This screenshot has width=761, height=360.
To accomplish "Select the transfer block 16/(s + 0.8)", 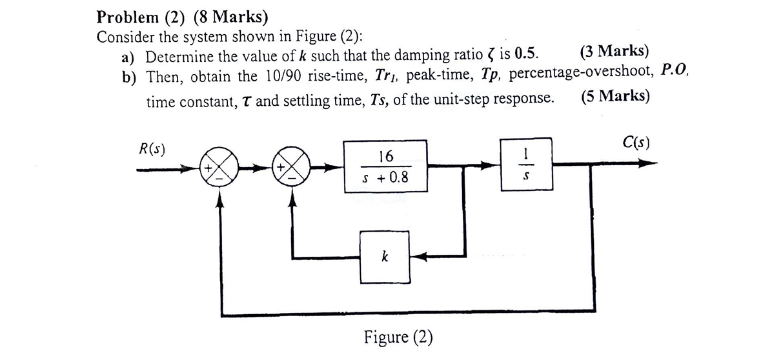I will click(385, 166).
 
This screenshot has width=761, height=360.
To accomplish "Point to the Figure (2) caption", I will click(398, 337).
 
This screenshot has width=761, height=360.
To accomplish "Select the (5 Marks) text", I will click(615, 98).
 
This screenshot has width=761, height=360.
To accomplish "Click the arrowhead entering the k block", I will click(418, 257).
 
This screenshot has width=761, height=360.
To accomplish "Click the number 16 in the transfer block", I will click(385, 155).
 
